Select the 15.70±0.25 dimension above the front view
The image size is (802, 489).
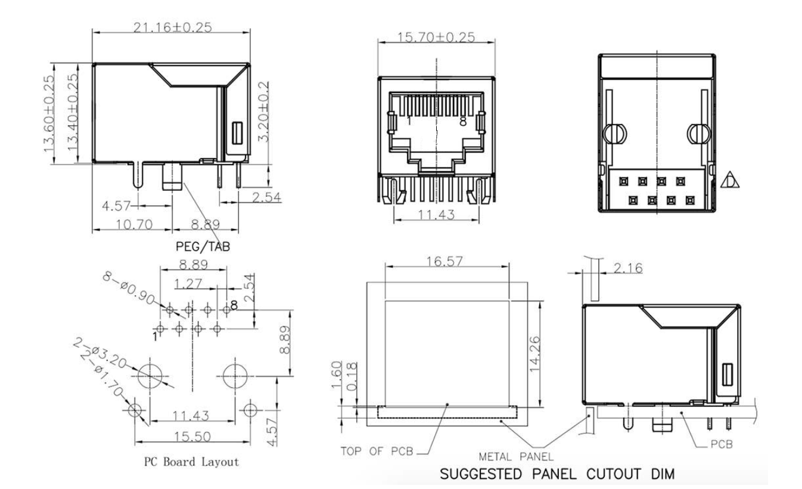coord(436,37)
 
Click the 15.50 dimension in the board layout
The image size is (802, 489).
coord(191,437)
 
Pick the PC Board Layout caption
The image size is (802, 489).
coord(191,462)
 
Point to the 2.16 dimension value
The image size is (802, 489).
coord(628,268)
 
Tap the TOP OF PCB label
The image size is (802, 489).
coord(377,450)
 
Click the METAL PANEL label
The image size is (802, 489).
coord(517,457)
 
